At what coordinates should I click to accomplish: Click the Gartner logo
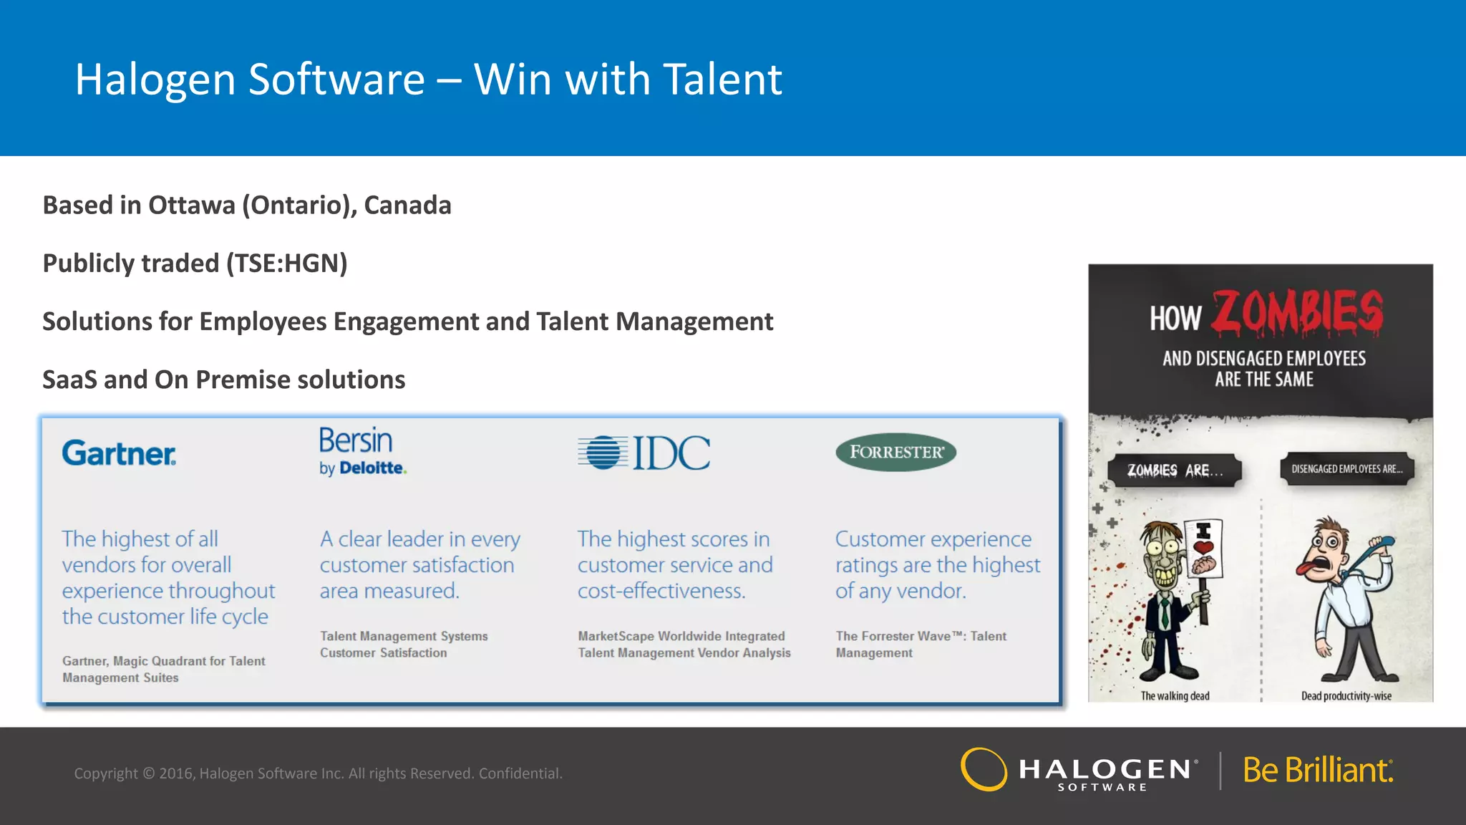pos(119,453)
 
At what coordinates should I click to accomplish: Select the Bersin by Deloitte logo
pos(362,451)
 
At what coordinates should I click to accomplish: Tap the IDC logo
pos(644,453)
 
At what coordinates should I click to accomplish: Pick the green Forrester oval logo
pos(895,452)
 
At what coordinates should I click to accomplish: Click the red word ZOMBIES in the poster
pos(1297,313)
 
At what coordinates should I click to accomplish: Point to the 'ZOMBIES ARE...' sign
pos(1174,471)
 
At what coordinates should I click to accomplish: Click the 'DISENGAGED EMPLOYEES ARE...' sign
pos(1346,469)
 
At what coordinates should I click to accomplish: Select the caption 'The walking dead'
pos(1175,695)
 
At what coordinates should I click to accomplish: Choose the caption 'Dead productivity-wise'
pos(1346,695)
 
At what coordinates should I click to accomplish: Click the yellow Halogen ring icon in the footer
pos(984,769)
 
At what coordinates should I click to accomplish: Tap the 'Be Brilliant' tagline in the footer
pos(1318,771)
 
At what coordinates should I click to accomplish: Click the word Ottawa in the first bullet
pos(192,206)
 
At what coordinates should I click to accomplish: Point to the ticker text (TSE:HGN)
pos(287,264)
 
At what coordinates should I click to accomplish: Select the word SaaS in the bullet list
pos(69,380)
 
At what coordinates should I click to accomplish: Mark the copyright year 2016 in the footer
pos(176,773)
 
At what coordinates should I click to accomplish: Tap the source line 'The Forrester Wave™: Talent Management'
pos(921,644)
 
